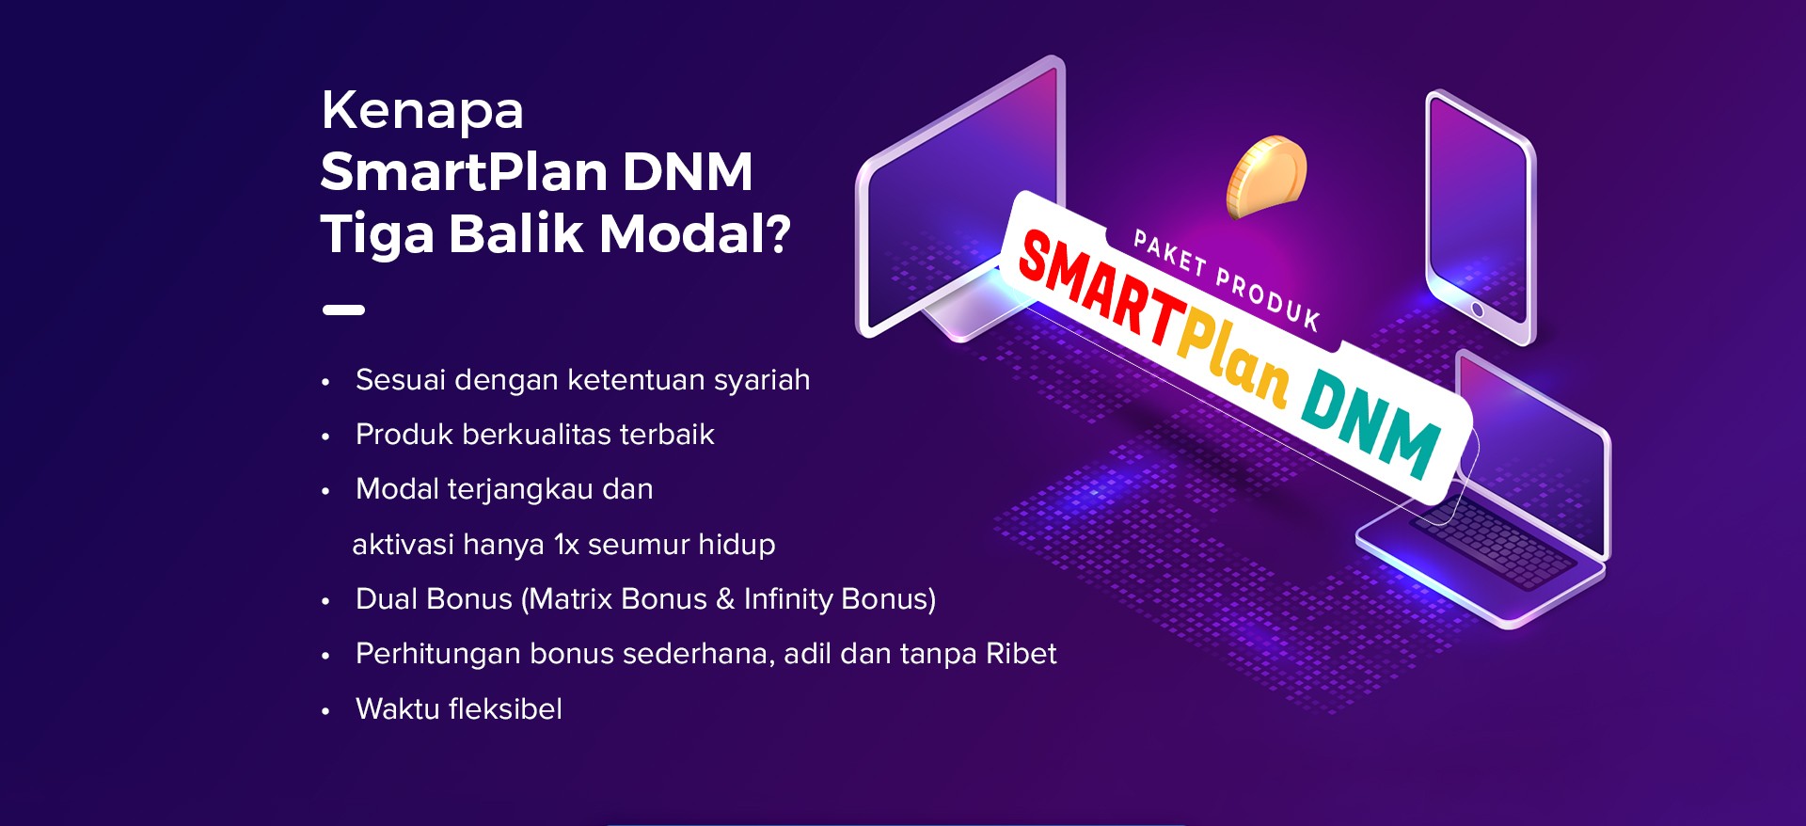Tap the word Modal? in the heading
695,233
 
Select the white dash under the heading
343,310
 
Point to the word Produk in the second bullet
404,434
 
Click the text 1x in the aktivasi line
566,545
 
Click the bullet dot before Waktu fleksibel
325,711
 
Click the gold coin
1266,176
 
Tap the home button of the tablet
1478,310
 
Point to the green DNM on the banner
1371,424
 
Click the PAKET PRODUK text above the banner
1227,280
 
